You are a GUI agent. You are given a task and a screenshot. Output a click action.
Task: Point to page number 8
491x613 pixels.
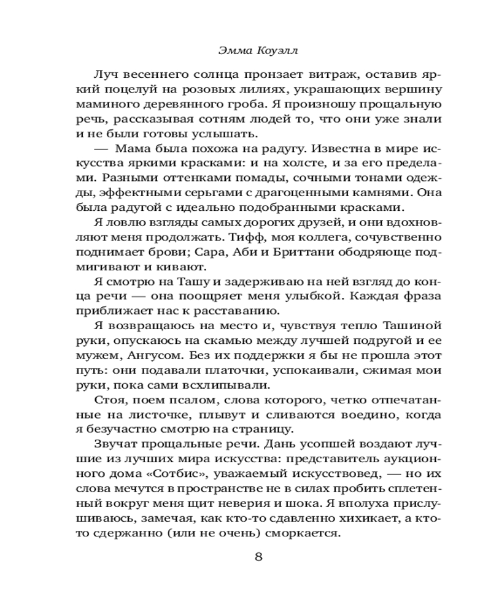pos(258,557)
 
